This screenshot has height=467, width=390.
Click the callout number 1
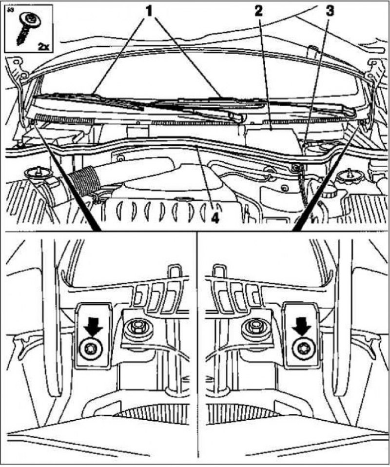coord(148,11)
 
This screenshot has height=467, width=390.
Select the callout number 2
coord(258,11)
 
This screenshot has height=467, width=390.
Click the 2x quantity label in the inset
coord(43,46)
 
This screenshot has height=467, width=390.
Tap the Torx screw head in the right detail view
coord(303,349)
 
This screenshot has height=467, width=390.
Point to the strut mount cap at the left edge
coord(38,173)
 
